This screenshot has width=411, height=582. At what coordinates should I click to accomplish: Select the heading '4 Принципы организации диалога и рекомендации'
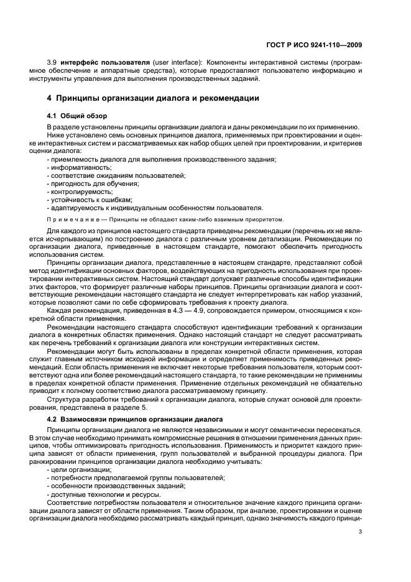pyautogui.click(x=153, y=98)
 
